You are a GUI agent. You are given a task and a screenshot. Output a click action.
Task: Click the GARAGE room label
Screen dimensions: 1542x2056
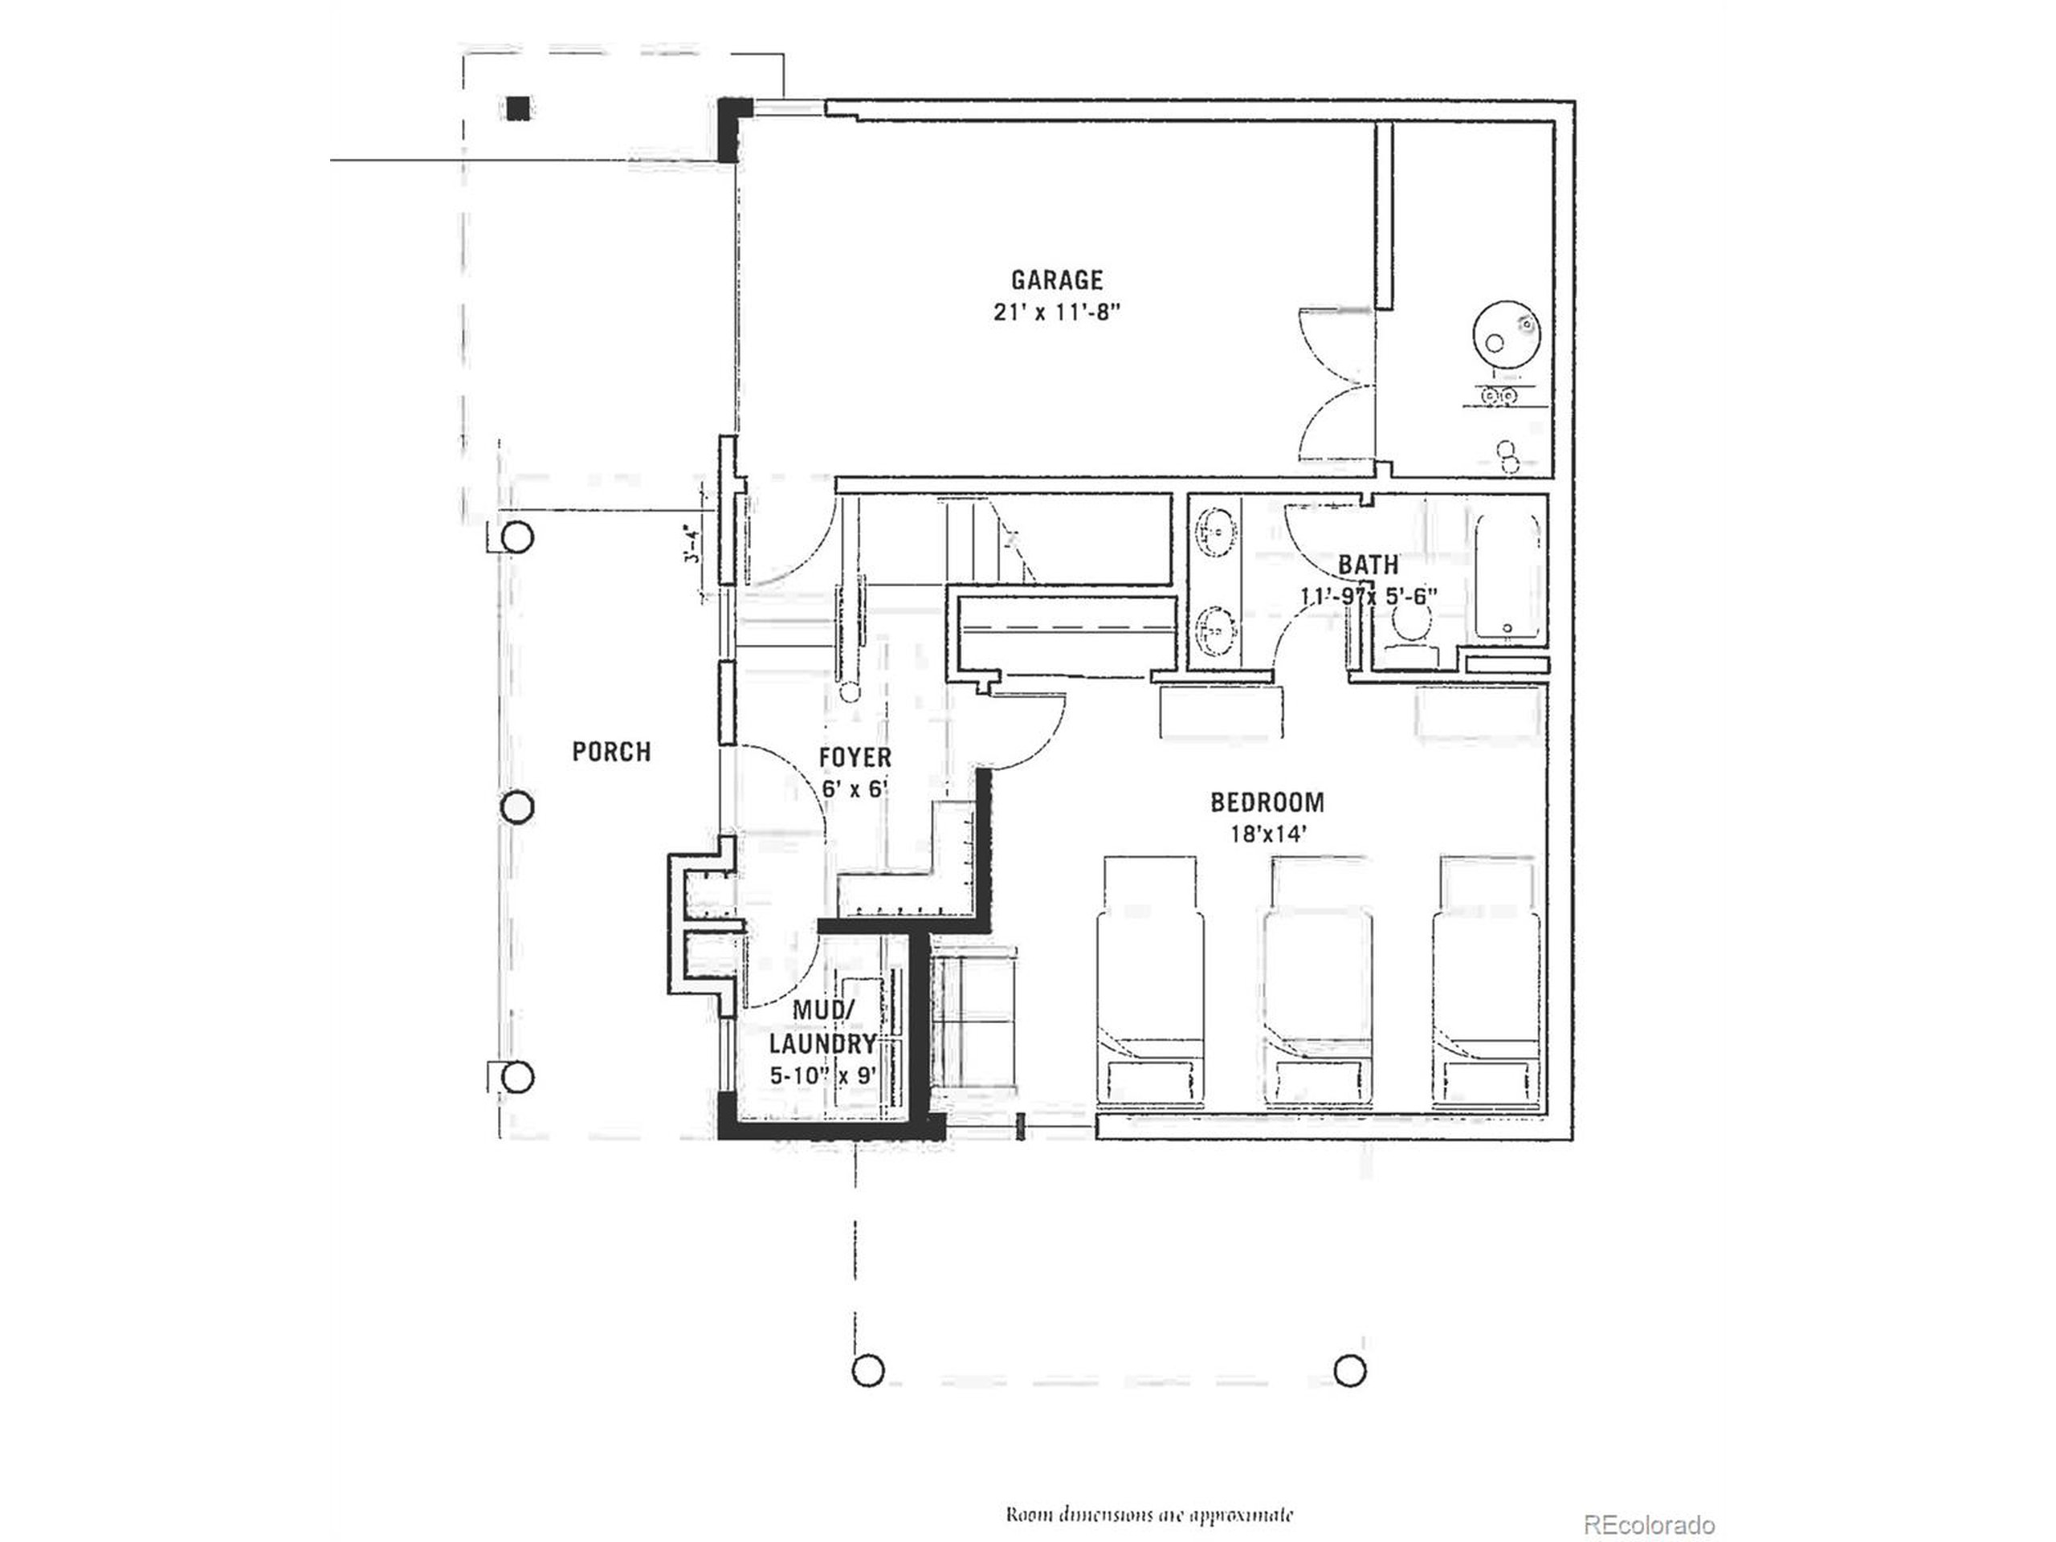tap(1057, 279)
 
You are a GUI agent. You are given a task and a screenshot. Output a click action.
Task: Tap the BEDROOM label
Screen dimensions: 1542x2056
tap(1267, 802)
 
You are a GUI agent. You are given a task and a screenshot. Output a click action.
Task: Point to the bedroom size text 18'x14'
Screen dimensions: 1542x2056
tap(1269, 834)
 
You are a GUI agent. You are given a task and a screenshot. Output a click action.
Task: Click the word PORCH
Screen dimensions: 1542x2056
tap(612, 752)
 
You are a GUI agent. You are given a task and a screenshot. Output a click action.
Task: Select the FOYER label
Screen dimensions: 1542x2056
tap(855, 757)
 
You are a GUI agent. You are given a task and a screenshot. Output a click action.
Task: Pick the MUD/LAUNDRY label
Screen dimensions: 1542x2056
tap(822, 1026)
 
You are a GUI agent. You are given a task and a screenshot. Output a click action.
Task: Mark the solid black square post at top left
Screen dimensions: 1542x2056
tap(519, 108)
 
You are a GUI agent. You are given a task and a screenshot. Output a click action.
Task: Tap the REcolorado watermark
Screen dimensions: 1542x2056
tap(1648, 1499)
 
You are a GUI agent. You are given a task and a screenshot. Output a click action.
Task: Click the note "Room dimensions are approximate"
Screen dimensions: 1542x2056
tap(1148, 1489)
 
